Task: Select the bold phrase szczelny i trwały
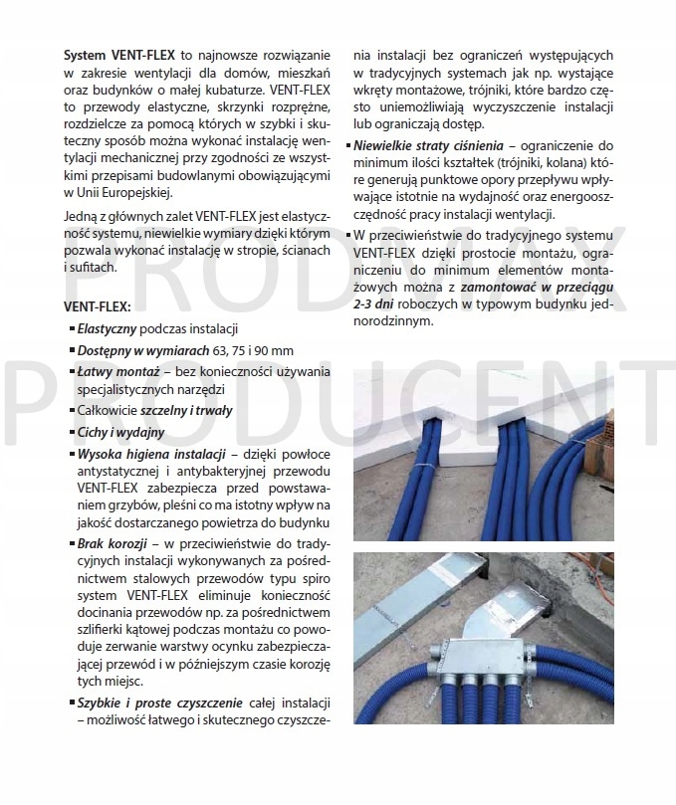click(x=190, y=411)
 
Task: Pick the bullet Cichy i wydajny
click(x=120, y=432)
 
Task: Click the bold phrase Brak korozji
click(x=113, y=544)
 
